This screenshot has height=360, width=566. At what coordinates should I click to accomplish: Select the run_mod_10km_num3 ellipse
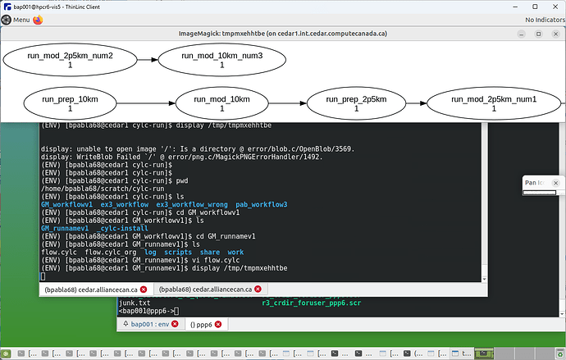[x=222, y=59]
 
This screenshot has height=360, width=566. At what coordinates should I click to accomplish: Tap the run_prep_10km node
[x=71, y=103]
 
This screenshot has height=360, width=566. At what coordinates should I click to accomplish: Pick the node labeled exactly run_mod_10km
[x=222, y=103]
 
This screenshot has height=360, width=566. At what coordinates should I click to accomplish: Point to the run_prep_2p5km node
[x=370, y=103]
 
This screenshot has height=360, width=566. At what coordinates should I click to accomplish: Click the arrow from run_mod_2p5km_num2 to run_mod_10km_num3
[x=146, y=59]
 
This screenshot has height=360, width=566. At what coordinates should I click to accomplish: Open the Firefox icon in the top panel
[x=39, y=20]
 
